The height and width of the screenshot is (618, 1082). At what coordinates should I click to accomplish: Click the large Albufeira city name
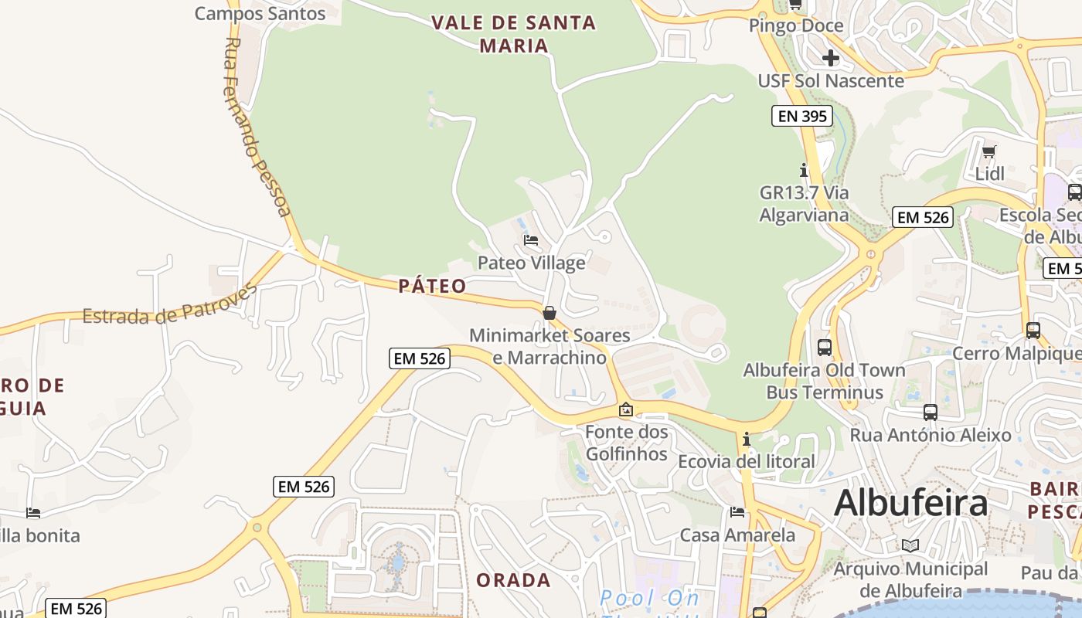910,504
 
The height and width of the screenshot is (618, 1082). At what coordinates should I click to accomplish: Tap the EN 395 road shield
801,117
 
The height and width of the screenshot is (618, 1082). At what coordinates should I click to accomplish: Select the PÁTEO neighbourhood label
433,287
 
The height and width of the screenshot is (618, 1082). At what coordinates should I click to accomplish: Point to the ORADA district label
513,580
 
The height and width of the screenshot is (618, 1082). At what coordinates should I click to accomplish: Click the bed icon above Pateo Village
531,240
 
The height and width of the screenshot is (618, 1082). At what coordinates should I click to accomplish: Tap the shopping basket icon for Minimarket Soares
550,313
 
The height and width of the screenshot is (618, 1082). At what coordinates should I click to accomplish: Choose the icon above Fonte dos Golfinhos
626,409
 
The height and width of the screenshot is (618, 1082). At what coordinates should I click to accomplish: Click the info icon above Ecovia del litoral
746,440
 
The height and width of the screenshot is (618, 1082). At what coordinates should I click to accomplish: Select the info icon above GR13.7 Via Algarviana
804,170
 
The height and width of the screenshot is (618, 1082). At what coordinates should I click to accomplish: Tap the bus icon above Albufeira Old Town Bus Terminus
824,348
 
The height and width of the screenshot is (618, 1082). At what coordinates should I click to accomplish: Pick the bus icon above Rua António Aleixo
931,413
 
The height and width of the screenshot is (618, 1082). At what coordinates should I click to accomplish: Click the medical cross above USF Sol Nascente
831,58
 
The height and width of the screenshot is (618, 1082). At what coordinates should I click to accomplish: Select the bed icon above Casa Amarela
737,512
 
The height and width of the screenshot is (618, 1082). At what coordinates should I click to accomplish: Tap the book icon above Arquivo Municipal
910,546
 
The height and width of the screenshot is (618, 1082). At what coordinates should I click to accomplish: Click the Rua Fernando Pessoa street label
258,127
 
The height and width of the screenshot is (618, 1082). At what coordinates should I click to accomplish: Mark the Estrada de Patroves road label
169,306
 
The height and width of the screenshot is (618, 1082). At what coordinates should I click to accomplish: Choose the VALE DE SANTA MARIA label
514,34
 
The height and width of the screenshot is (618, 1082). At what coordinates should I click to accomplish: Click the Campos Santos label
260,13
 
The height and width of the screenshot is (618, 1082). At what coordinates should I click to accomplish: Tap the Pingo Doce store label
796,26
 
